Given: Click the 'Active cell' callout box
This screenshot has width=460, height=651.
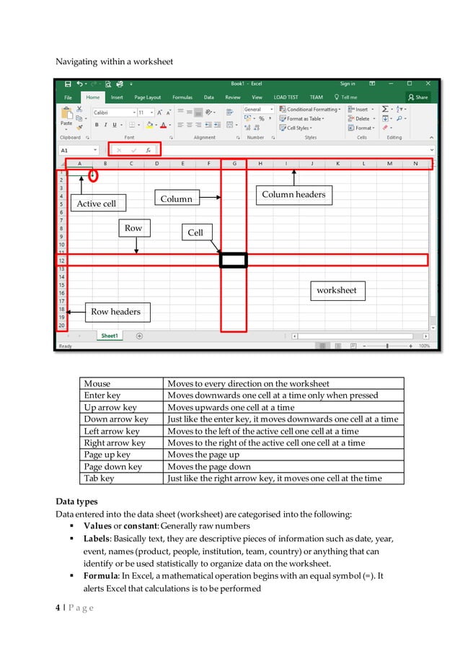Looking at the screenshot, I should point(96,204).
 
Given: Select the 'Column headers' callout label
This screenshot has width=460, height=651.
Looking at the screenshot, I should point(293,194).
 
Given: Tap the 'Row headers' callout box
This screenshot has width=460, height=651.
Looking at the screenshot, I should point(115,312).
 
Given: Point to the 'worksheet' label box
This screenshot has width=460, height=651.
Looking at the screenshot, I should point(337,290).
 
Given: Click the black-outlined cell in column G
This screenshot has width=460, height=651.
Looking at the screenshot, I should point(234,260).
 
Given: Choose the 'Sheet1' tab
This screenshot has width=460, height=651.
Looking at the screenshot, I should point(110,336).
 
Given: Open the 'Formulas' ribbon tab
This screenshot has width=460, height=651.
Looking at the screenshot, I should point(182,97).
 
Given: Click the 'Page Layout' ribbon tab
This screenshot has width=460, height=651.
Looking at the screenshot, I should point(149,97).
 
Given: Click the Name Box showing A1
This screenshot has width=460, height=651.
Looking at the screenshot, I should point(78,150).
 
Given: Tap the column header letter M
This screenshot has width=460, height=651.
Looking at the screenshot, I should point(389,164).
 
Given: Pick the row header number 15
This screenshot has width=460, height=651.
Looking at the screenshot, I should point(62,285).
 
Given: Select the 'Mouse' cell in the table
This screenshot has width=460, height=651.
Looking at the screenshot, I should point(97,384).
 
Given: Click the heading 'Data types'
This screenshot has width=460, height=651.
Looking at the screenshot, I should point(76,502).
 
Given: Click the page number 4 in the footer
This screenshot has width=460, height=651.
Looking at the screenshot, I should point(58,609).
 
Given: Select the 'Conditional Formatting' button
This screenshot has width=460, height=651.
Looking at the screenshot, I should point(311,110).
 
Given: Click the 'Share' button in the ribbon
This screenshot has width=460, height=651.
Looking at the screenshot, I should point(417,97).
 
